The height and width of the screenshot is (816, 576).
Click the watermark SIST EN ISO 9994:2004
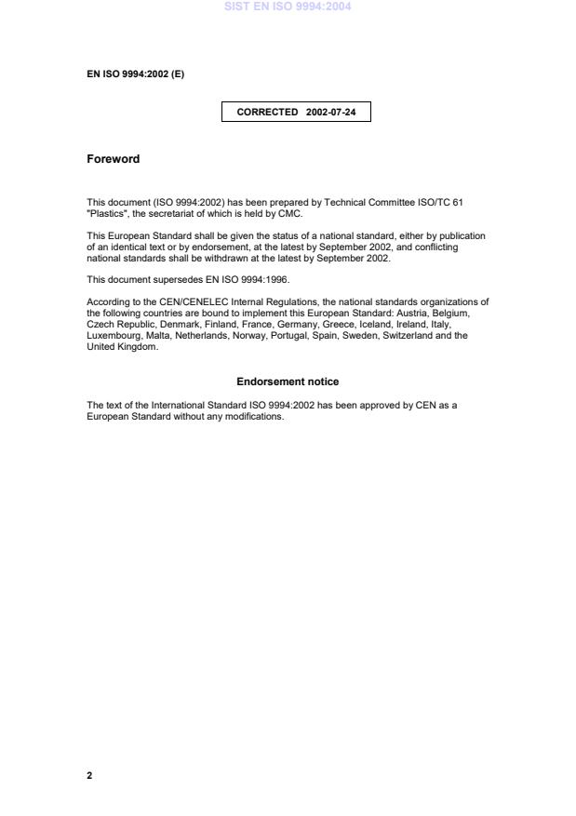288,7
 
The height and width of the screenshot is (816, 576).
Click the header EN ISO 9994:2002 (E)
135,74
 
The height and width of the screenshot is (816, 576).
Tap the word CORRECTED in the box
267,114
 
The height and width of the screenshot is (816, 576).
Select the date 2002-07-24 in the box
330,114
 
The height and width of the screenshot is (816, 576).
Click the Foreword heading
113,159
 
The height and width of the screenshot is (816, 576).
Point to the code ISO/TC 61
442,203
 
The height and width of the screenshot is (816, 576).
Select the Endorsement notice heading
288,382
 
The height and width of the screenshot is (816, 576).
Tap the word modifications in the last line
256,416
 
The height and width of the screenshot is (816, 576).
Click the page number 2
89,775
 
